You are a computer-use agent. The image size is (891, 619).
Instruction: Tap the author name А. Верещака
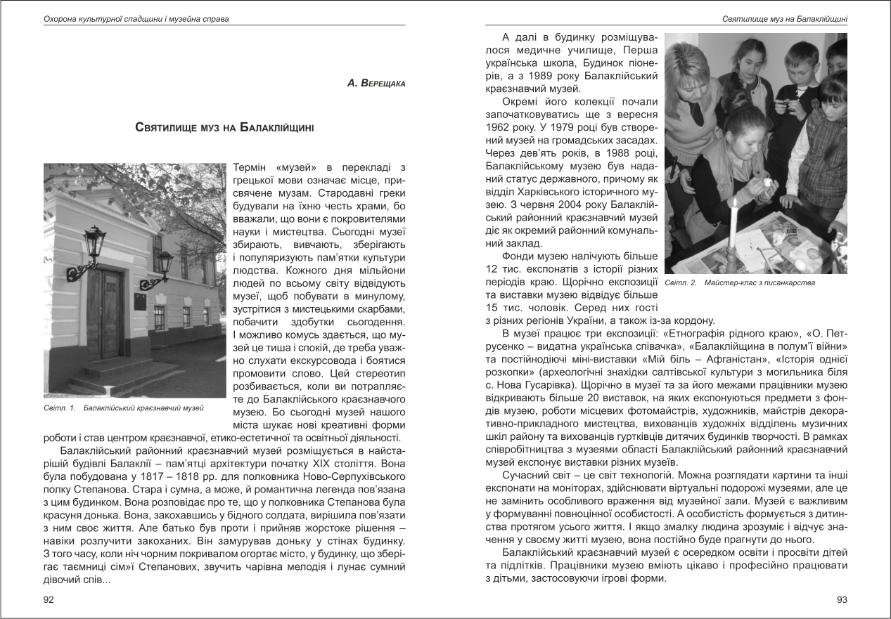[x=376, y=83]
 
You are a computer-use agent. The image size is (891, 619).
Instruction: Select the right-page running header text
[x=784, y=18]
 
